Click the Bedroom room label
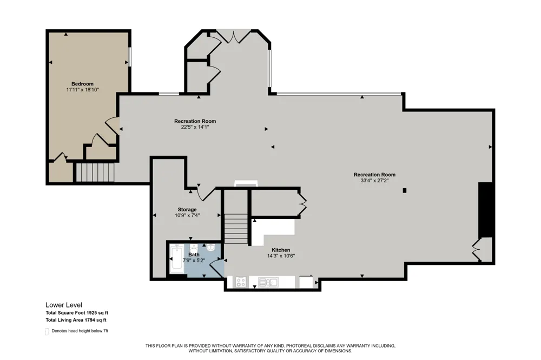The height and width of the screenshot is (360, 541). pos(82,84)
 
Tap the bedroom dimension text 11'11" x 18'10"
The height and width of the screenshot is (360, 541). pos(82,90)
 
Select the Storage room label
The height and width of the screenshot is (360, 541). pos(187,209)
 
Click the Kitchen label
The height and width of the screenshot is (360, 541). pos(281,250)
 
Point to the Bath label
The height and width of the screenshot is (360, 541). pos(194,255)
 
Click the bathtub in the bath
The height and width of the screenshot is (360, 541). pos(177,259)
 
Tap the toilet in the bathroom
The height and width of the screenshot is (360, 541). pos(211,247)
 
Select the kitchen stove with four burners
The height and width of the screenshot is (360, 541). pos(241,282)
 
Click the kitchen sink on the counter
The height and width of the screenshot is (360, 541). pos(269,282)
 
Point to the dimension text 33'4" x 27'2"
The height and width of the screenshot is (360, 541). pos(374,181)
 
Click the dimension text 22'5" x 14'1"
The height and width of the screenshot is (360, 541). pos(195,127)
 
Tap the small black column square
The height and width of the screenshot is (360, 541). pos(405,190)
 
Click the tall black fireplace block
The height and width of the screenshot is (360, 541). pos(485,210)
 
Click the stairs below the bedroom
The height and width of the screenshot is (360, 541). pos(95,172)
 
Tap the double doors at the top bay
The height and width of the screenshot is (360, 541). pos(234,37)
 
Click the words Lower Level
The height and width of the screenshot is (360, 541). pos(64,305)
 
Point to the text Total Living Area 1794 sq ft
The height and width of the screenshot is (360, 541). pos(76,320)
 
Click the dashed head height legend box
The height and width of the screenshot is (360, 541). pos(47,331)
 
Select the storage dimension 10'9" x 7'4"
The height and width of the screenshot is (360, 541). pos(187,215)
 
